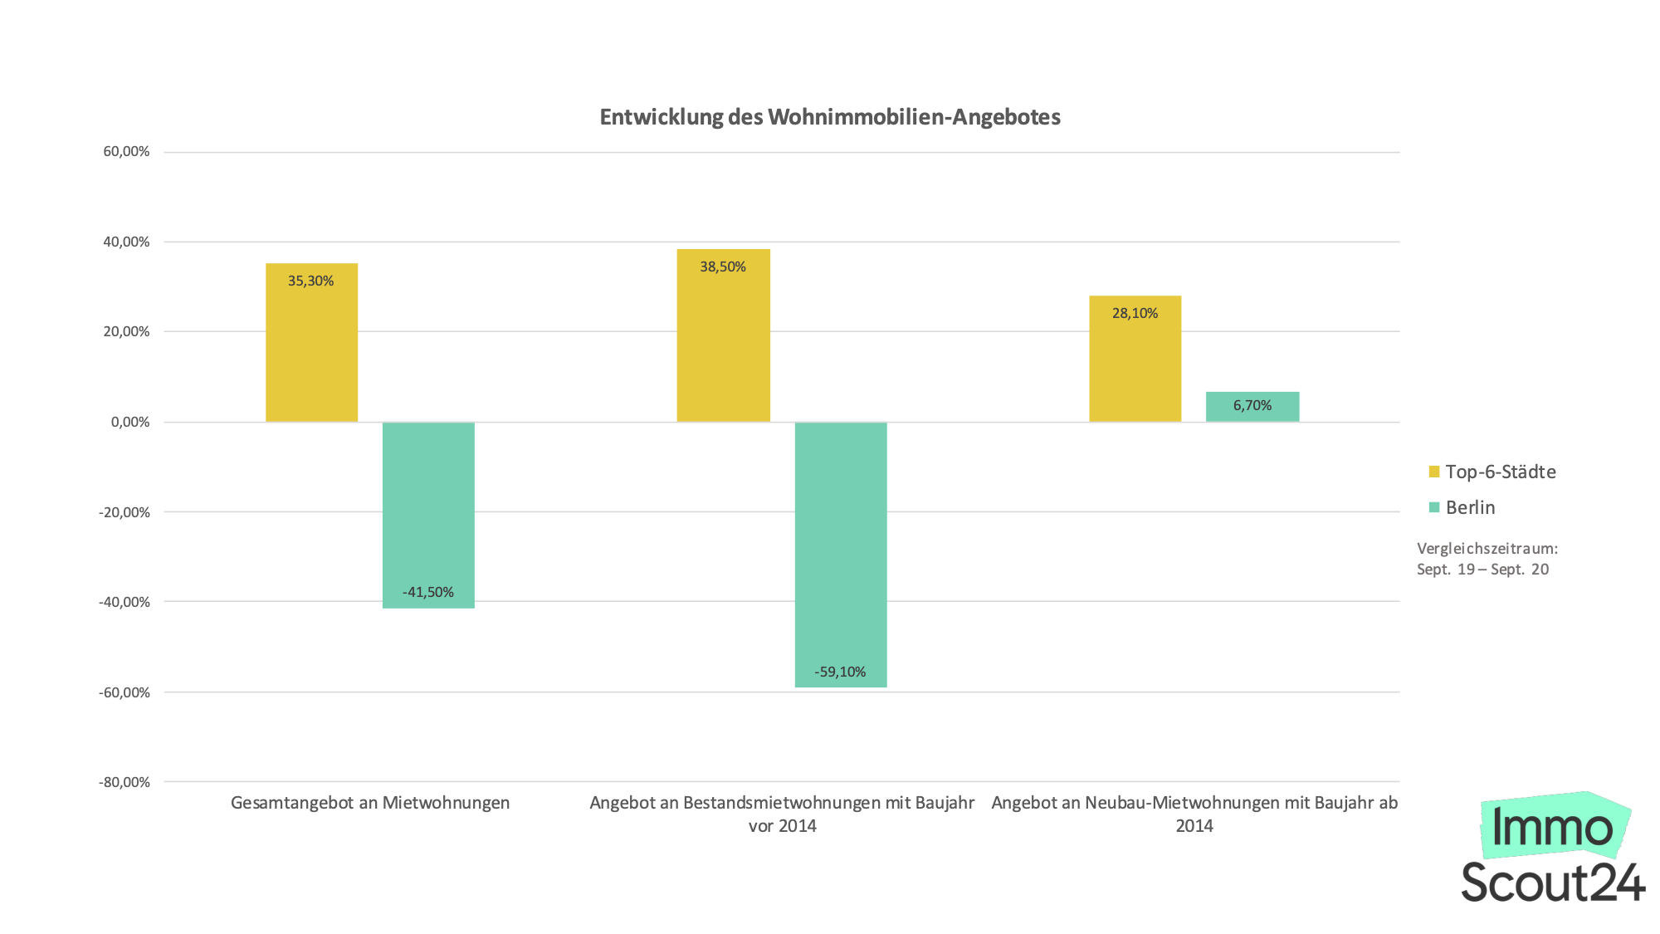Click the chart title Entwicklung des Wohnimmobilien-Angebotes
coord(830,117)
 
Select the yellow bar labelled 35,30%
coord(311,349)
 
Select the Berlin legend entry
coord(1470,507)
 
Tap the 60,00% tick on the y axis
coord(126,151)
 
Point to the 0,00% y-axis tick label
coord(130,422)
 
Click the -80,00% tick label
coord(124,782)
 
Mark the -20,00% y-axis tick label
coord(124,512)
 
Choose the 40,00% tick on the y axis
coord(126,242)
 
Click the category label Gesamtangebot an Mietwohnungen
coord(370,803)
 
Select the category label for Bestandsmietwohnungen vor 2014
coord(782,814)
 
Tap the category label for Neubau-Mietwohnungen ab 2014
coord(1194,814)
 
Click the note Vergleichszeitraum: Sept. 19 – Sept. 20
coord(1486,559)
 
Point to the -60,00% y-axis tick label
coord(124,692)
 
